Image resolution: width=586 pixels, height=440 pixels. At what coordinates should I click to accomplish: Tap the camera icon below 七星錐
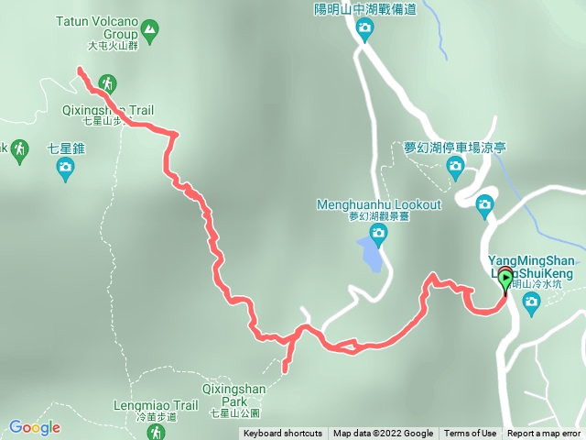(x=65, y=167)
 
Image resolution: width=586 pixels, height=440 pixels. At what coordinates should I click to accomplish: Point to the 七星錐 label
(x=65, y=147)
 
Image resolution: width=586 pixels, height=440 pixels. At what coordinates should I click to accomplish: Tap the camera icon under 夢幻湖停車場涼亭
(x=455, y=166)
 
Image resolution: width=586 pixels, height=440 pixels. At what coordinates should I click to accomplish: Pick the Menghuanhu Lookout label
(x=378, y=203)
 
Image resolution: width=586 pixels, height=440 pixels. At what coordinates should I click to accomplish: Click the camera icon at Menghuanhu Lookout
(x=378, y=233)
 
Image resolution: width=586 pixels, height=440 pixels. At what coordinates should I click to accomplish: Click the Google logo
(x=34, y=427)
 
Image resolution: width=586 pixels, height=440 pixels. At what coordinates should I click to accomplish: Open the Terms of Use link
(x=470, y=434)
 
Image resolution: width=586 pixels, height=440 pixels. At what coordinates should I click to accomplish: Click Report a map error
(x=544, y=434)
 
